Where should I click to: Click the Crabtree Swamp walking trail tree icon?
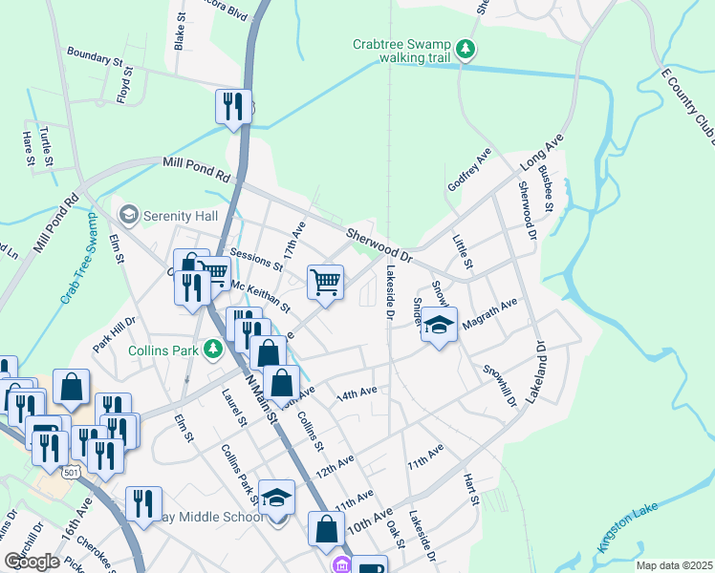pos(465,49)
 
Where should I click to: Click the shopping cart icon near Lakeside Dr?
pos(326,282)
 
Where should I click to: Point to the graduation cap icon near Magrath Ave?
pos(439,325)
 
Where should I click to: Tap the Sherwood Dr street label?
pos(378,244)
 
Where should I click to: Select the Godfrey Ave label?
pos(469,170)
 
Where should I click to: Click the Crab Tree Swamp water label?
pos(80,260)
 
